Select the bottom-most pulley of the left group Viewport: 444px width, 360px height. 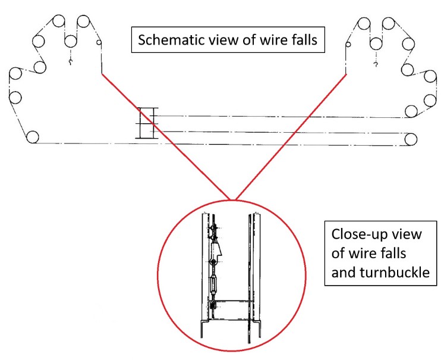point(33,137)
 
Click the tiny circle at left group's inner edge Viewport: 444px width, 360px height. point(99,43)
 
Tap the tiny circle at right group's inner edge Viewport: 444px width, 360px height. point(349,43)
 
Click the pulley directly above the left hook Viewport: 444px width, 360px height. point(71,41)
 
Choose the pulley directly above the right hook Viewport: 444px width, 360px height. point(375,43)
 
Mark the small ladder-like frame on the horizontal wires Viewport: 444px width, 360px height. point(146,123)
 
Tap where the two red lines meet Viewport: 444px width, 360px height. point(231,199)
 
